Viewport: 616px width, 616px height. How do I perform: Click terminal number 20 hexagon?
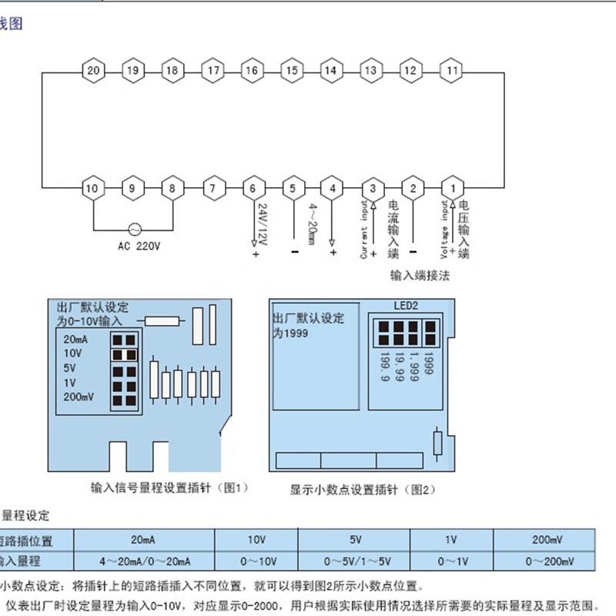93,71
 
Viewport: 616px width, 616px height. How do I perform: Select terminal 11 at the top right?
453,71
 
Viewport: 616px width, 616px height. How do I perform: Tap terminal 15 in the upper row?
291,71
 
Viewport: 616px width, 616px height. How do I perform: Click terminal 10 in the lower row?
93,188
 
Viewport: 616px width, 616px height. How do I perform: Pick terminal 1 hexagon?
453,188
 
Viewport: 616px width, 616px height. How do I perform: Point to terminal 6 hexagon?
253,188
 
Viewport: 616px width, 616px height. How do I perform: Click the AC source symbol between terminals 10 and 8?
132,229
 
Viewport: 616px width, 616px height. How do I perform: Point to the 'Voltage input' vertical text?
444,229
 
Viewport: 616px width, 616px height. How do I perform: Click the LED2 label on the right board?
405,305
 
